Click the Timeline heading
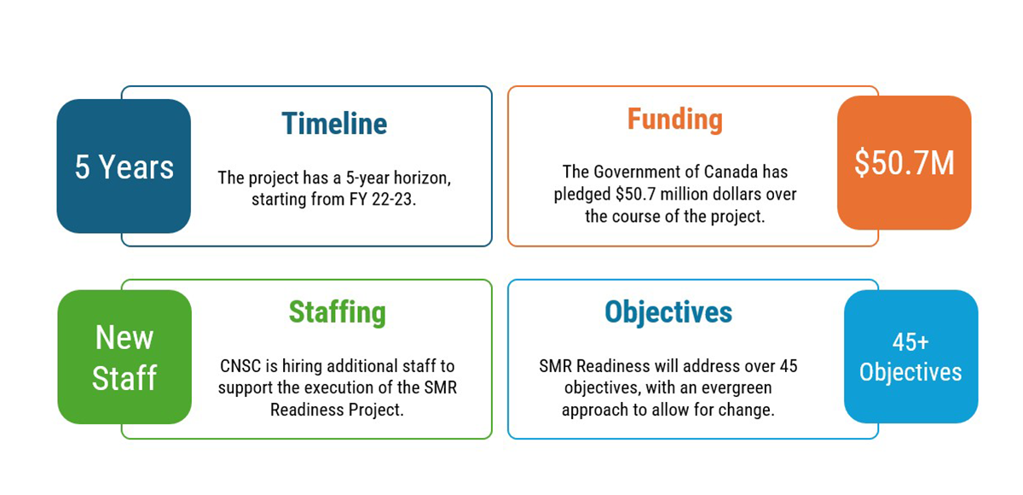(334, 125)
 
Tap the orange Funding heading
(674, 119)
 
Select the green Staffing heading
(337, 312)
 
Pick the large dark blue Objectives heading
(668, 312)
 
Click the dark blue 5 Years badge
(124, 166)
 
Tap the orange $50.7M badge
(904, 163)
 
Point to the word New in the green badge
(124, 338)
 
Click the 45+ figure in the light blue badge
(910, 342)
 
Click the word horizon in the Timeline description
(419, 178)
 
